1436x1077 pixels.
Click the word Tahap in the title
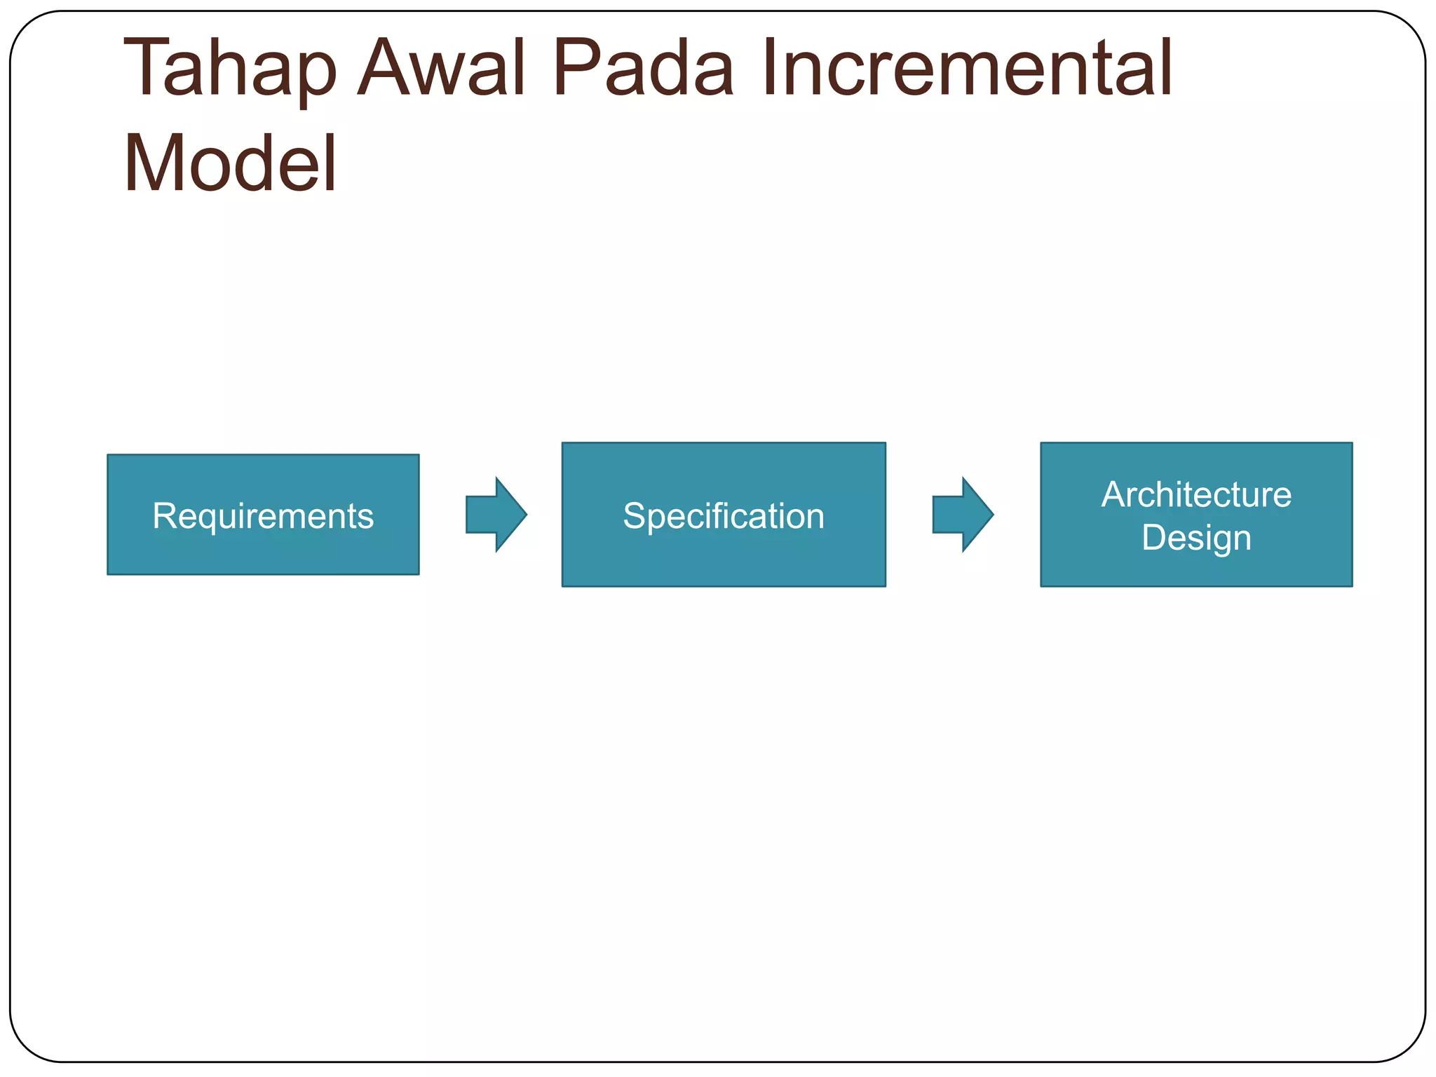[230, 69]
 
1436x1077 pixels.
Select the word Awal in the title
[442, 69]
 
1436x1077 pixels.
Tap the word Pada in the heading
[643, 69]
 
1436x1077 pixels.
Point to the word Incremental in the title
[968, 69]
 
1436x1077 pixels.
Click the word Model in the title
[230, 164]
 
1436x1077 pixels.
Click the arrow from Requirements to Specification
[496, 515]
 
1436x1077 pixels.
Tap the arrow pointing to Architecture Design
[962, 515]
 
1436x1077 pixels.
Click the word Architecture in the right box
[1196, 495]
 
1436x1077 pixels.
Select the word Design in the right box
[1196, 538]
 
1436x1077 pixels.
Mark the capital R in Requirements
[163, 516]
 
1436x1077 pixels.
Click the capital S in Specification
[633, 516]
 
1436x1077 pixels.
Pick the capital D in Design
[1153, 537]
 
